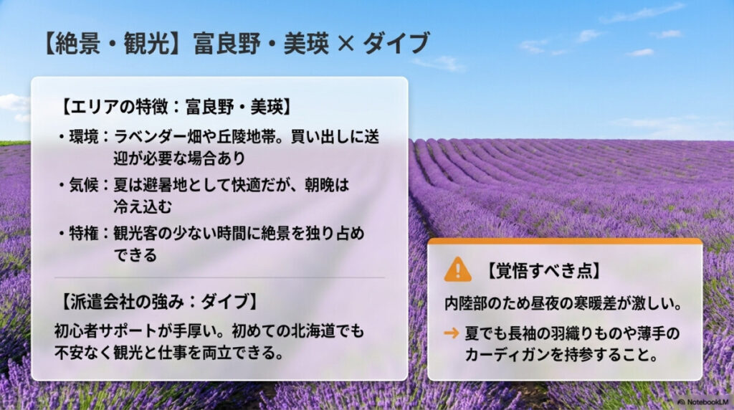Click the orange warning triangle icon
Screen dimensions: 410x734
pyautogui.click(x=457, y=270)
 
